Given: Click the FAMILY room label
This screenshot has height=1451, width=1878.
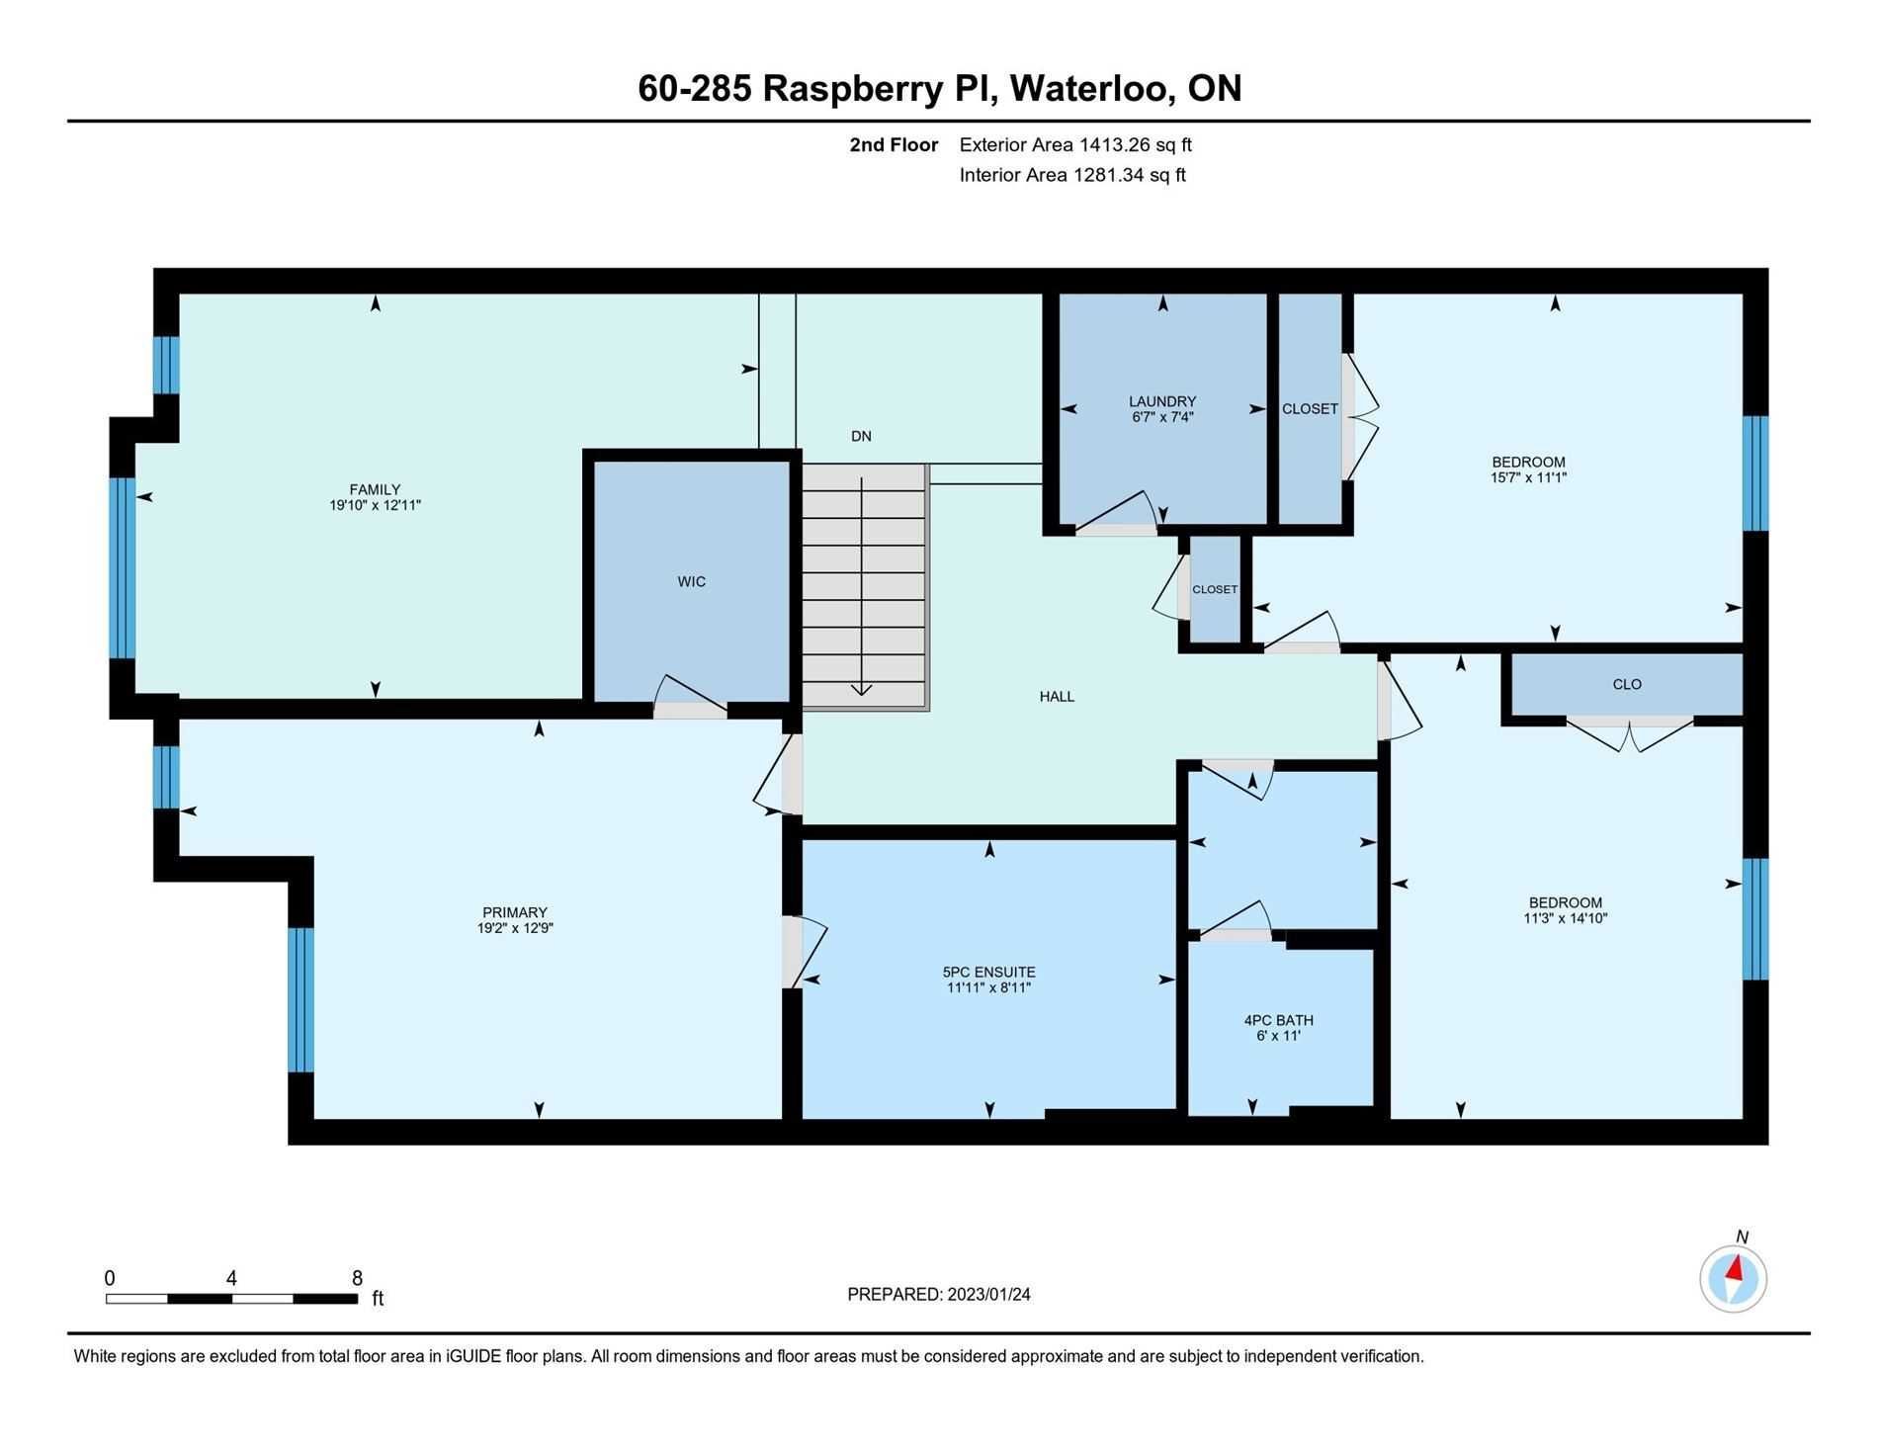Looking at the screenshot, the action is coord(375,489).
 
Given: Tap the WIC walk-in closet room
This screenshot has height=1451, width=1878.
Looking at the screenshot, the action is coord(691,581).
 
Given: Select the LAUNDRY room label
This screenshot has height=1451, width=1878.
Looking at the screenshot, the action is coord(1162,401).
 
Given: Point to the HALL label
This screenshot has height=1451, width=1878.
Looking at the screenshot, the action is coord(1057,697).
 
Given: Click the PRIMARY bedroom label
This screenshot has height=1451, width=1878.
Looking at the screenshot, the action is coord(515,912).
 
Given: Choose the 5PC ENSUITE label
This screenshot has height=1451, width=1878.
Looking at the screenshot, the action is coord(988,973).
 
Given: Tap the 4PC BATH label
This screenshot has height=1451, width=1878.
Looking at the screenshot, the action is coord(1279,1020).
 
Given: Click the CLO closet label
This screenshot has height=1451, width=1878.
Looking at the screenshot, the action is coord(1627,684).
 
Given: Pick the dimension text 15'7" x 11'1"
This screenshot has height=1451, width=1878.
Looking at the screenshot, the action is coord(1529,477).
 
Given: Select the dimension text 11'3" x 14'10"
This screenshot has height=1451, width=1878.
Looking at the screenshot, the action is coord(1566,918).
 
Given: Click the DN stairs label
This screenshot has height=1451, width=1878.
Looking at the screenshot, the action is coord(861,436).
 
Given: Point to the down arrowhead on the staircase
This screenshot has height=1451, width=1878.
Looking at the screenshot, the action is coord(862,689).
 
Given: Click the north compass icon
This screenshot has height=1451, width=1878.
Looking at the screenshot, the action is coord(1734,1278).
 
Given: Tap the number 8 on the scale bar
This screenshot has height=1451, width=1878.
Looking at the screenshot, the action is coord(357,1278).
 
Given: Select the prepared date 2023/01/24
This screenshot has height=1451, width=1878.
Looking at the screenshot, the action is coord(988,1295).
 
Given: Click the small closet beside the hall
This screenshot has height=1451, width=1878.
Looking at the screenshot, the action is coord(1215,589).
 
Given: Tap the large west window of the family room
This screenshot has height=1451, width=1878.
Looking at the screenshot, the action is coord(122,567).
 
